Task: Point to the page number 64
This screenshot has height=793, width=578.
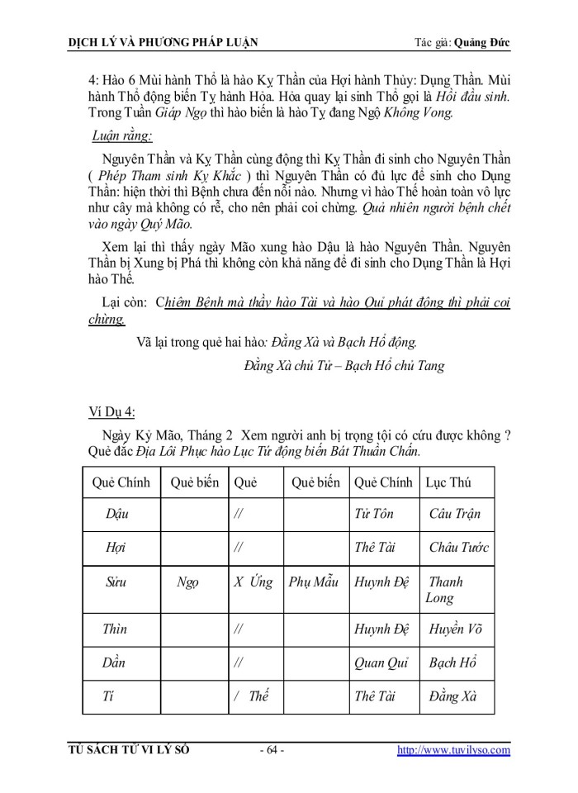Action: pyautogui.click(x=272, y=750)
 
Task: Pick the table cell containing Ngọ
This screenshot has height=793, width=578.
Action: pyautogui.click(x=187, y=582)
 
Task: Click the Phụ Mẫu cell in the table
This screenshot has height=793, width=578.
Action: pyautogui.click(x=314, y=582)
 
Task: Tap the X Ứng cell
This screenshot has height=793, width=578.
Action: pyautogui.click(x=252, y=582)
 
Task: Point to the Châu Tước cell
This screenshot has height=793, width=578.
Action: pyautogui.click(x=459, y=547)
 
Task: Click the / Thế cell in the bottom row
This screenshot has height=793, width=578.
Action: pyautogui.click(x=252, y=696)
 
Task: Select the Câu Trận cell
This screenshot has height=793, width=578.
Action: pyautogui.click(x=455, y=514)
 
